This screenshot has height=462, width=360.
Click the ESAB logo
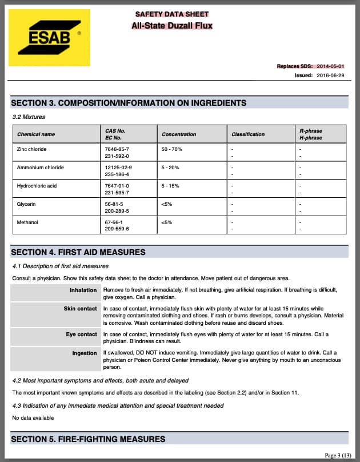coord(50,38)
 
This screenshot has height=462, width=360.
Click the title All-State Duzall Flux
coord(172,26)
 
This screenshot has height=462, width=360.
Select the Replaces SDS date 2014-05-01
coord(330,66)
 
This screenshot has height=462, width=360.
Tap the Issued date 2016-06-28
coord(330,75)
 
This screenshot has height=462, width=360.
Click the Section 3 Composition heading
coord(129,103)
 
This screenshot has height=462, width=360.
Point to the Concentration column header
coord(179,134)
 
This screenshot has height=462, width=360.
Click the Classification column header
coord(248,134)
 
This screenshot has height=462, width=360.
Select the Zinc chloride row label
coord(32,149)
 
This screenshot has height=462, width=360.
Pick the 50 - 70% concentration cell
coord(172,149)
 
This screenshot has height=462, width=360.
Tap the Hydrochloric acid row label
coord(37,186)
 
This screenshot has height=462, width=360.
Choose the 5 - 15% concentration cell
coord(171,186)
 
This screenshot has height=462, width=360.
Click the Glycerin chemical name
coord(27,204)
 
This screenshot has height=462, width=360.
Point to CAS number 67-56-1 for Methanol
coord(114,222)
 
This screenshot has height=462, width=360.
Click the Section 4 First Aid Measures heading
coord(78,252)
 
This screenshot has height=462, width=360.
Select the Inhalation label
coord(83,290)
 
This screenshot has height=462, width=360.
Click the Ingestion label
coord(85,353)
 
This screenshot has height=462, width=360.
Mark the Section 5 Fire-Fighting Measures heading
coord(88,439)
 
